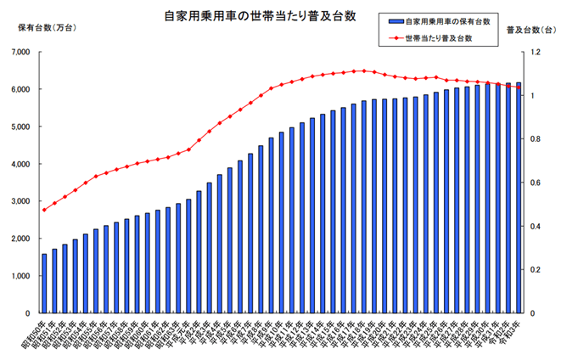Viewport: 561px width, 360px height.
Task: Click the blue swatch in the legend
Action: pyautogui.click(x=393, y=21)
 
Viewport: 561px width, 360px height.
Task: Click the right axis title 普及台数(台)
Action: pyautogui.click(x=530, y=29)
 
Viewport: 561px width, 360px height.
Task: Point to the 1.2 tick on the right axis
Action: pyautogui.click(x=535, y=52)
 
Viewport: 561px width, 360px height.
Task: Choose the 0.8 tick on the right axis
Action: pyautogui.click(x=535, y=139)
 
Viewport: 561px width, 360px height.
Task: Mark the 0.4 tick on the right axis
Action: pyautogui.click(x=535, y=226)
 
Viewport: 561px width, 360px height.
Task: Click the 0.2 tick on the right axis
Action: pyautogui.click(x=535, y=270)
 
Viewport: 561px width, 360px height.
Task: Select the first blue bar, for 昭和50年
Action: pyautogui.click(x=44, y=284)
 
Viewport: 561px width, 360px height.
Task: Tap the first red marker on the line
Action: pyautogui.click(x=44, y=210)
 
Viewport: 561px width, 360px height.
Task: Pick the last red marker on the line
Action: pyautogui.click(x=519, y=87)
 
